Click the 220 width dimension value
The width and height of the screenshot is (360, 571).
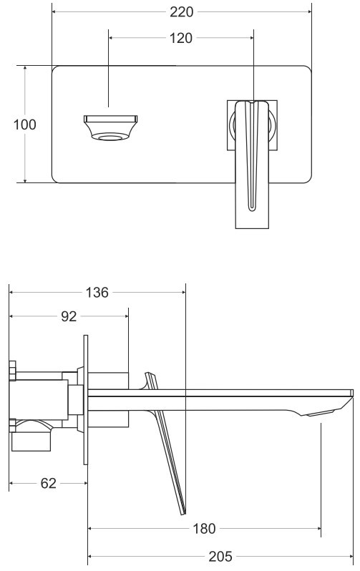pyautogui.click(x=182, y=12)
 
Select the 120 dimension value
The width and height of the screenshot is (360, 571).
pyautogui.click(x=181, y=38)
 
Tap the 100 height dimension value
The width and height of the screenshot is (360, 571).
pyautogui.click(x=25, y=125)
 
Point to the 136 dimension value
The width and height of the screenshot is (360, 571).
pyautogui.click(x=97, y=293)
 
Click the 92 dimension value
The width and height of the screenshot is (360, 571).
pyautogui.click(x=69, y=316)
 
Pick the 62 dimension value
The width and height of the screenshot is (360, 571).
pyautogui.click(x=49, y=483)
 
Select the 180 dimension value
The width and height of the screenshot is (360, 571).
pyautogui.click(x=204, y=528)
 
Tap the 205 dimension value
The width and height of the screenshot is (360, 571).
pyautogui.click(x=220, y=557)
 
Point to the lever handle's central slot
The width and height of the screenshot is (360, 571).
pyautogui.click(x=252, y=157)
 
